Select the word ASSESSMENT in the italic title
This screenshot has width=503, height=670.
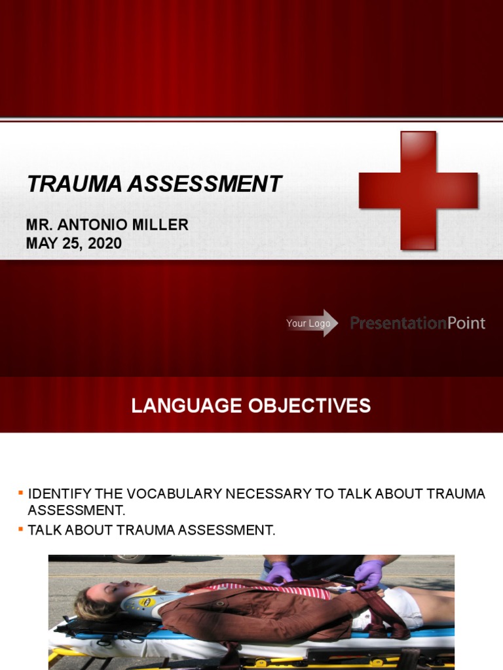(204, 184)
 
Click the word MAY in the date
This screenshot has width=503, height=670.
(41, 243)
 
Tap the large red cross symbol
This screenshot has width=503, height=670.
(418, 190)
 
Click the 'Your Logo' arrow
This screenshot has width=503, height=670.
(312, 323)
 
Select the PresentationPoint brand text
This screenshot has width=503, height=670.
(417, 323)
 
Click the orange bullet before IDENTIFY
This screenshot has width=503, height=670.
(21, 491)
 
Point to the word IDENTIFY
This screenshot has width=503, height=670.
(60, 494)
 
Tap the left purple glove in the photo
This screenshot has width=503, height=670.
(280, 573)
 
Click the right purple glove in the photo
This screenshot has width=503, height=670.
(368, 574)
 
